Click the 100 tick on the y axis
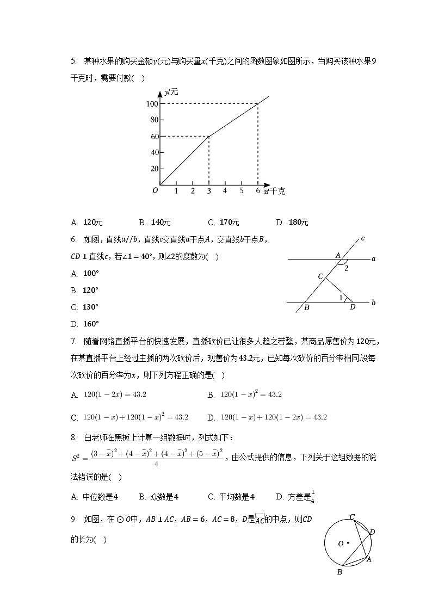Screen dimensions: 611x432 [x=152, y=104]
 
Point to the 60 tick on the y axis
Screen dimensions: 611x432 [x=154, y=136]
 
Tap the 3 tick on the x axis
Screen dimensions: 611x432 [x=209, y=191]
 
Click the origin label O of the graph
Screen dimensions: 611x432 [x=155, y=190]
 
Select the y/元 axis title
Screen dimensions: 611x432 [x=171, y=92]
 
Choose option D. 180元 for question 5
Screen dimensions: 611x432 [x=293, y=223]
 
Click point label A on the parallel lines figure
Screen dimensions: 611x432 [x=338, y=254]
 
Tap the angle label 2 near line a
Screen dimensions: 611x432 [x=346, y=268]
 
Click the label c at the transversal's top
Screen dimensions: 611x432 [x=362, y=238]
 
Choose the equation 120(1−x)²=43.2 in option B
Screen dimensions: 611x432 [x=251, y=395]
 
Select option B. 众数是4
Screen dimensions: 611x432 [x=159, y=496]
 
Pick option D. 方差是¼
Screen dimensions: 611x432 [x=296, y=496]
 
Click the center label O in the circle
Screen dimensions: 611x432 [x=341, y=544]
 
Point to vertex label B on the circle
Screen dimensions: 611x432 [x=340, y=572]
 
